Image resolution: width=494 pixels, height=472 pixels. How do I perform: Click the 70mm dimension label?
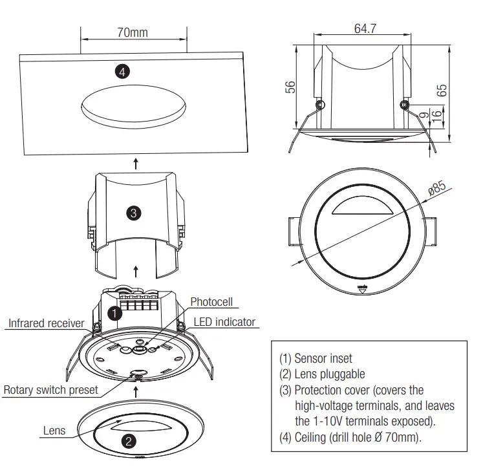click(x=133, y=32)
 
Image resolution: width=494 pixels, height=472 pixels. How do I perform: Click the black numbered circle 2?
click(x=128, y=442)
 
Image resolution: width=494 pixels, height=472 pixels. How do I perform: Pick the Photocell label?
click(x=211, y=302)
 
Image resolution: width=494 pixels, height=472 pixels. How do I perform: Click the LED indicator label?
click(x=224, y=321)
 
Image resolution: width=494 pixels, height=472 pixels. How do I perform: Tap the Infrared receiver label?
click(x=46, y=323)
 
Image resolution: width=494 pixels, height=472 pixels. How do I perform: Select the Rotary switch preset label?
click(x=51, y=390)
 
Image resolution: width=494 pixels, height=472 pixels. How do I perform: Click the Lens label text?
click(x=54, y=430)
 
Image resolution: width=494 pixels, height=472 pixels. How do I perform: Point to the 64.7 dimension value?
click(x=365, y=29)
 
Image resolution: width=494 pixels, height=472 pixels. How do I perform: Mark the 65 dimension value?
click(x=442, y=91)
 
